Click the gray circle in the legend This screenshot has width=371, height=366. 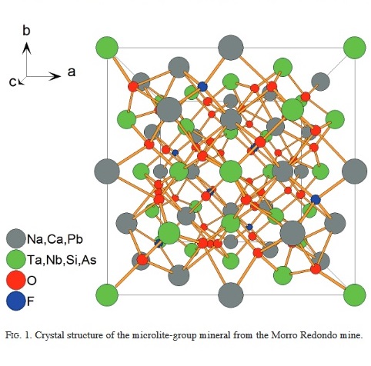(x=15, y=238)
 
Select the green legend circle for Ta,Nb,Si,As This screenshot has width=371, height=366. (x=15, y=259)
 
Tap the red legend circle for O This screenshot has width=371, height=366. (x=15, y=280)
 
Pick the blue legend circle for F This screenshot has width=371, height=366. (x=15, y=301)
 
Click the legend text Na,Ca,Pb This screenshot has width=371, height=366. (x=55, y=240)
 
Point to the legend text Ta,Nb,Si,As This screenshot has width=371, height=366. (x=62, y=260)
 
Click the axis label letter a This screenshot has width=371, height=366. (x=72, y=72)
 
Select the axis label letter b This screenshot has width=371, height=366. (x=26, y=30)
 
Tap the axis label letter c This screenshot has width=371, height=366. (x=12, y=82)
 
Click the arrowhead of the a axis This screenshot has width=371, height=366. (x=56, y=76)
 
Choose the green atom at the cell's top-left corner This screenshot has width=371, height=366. (x=107, y=48)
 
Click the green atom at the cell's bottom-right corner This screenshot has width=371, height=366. (x=355, y=294)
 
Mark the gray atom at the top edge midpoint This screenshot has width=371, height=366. (x=231, y=48)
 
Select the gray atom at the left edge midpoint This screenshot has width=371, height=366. (x=107, y=171)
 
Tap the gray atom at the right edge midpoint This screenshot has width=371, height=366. (x=355, y=171)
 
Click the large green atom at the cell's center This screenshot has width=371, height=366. (x=231, y=171)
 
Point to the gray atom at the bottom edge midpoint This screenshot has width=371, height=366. (x=231, y=294)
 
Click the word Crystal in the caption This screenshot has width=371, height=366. (x=50, y=335)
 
